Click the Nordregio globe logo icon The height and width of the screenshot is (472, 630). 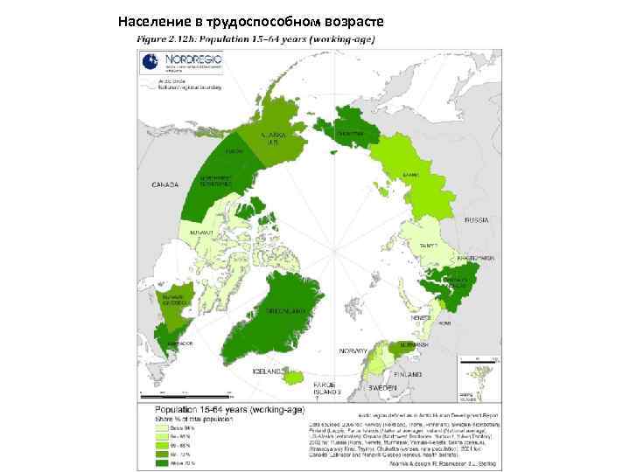(x=150, y=60)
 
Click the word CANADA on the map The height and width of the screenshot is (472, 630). (x=165, y=184)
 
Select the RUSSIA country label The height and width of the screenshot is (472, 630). (x=477, y=219)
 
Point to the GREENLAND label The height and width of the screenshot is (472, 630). (x=285, y=311)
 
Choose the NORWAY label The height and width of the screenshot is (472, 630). (x=354, y=350)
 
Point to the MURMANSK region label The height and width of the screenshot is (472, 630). (x=414, y=345)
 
